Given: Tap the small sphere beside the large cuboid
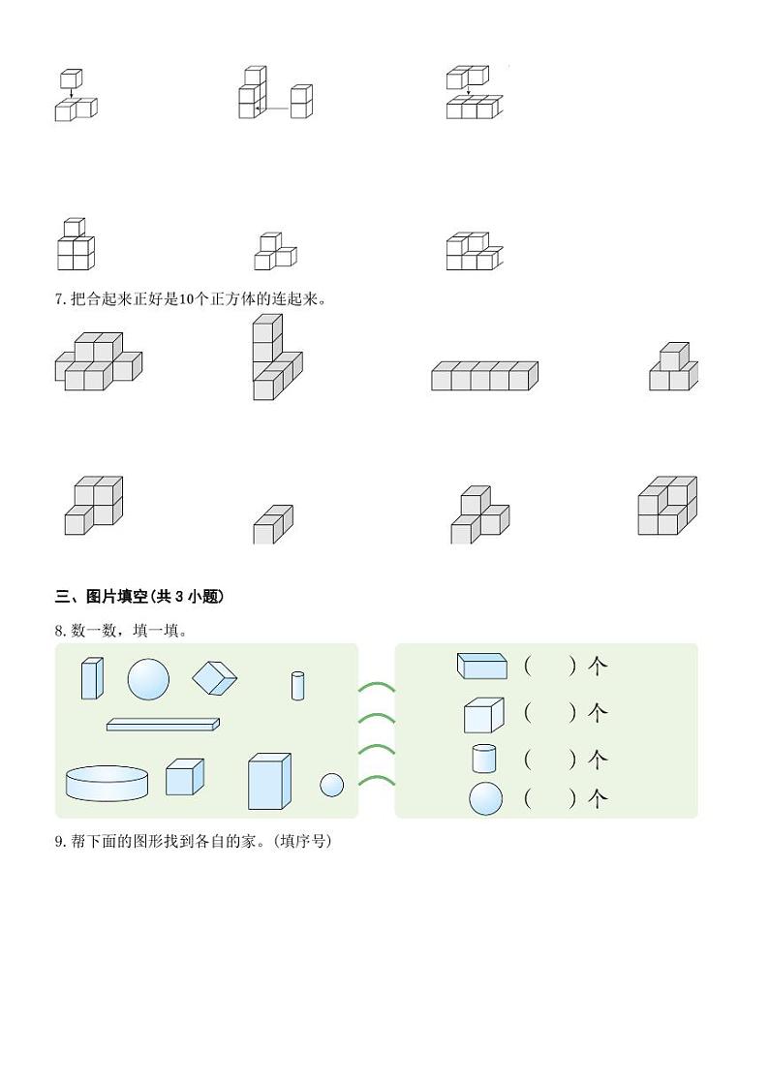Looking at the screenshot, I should click(331, 785).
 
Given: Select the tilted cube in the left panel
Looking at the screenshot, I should click(214, 678).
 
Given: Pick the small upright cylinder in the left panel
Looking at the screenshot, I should click(298, 685).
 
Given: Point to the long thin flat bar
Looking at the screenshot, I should click(163, 724).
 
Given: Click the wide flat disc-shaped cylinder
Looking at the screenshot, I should click(107, 783).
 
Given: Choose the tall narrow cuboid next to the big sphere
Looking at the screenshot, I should click(91, 678).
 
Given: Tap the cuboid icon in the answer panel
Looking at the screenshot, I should click(481, 666).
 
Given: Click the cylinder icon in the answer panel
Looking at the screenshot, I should click(484, 758).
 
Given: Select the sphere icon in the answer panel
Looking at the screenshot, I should click(486, 799).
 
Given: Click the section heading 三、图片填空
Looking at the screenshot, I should click(139, 597).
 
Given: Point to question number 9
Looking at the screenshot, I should click(60, 842).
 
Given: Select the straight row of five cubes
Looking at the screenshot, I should click(484, 376).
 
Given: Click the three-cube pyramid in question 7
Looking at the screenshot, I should click(673, 368).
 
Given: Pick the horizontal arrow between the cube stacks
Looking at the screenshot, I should click(276, 109).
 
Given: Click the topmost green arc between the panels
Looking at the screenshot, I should click(376, 688).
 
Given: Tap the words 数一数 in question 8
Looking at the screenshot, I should click(91, 631).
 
